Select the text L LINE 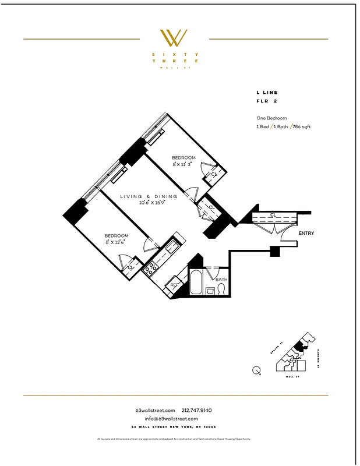[x=267, y=93]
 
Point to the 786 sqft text [x=302, y=126]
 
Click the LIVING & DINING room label [x=149, y=196]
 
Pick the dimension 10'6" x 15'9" [x=152, y=203]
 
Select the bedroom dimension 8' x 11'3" [x=182, y=164]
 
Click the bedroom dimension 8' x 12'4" [x=116, y=242]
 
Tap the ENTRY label [x=306, y=234]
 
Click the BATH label [x=221, y=280]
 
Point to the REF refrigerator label [x=175, y=285]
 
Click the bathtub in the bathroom [x=197, y=283]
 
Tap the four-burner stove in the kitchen [x=151, y=269]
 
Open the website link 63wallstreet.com [x=155, y=411]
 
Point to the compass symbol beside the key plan [x=257, y=369]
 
